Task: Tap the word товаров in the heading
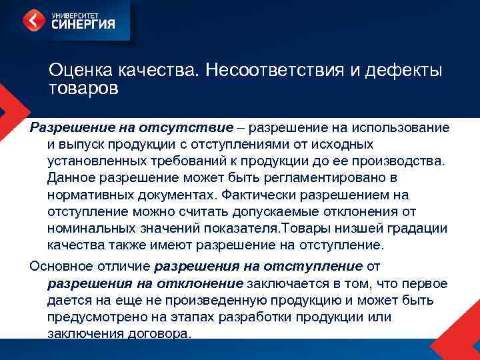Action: pyautogui.click(x=83, y=88)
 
